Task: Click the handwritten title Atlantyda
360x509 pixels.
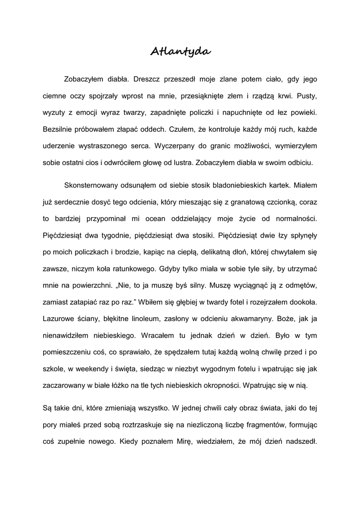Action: (x=180, y=51)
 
